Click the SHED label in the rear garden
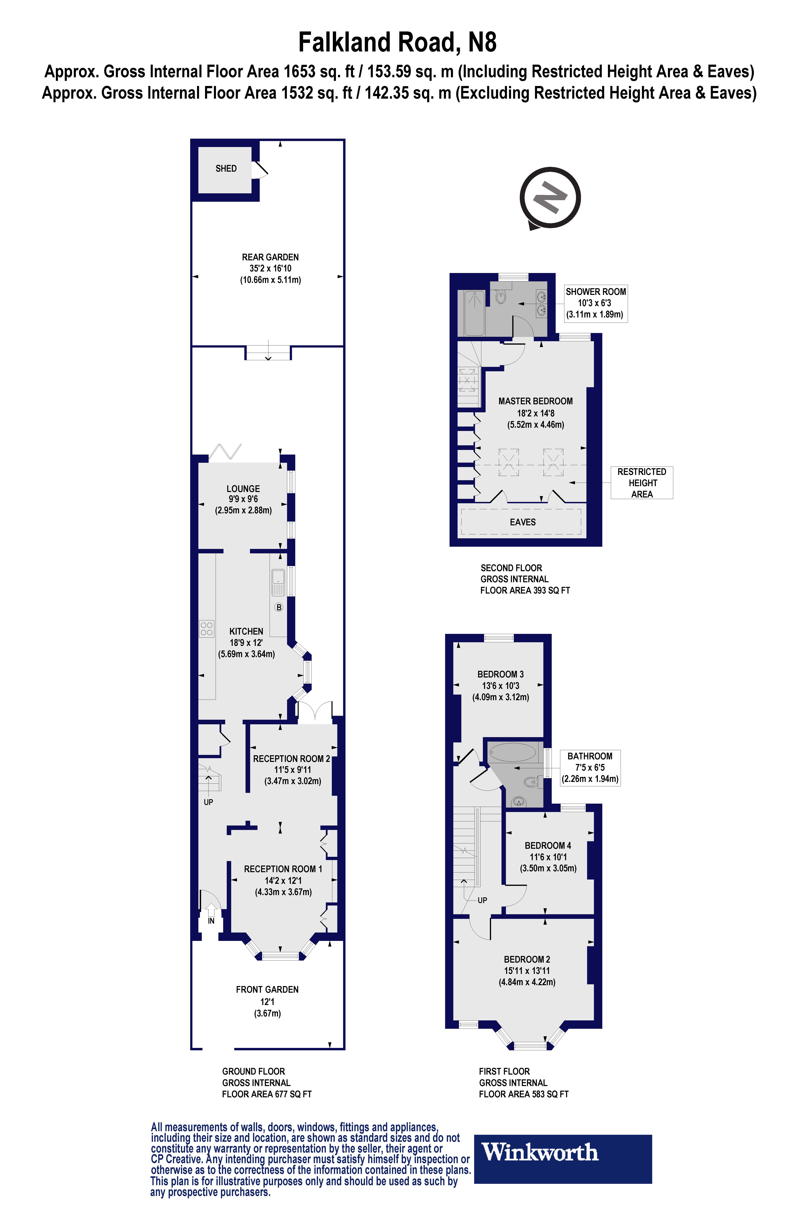(x=226, y=168)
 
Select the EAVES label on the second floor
(x=522, y=522)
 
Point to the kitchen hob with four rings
(x=206, y=629)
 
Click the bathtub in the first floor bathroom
(x=512, y=752)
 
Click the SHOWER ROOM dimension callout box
(x=595, y=303)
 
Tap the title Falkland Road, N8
(x=397, y=42)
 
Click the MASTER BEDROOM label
(x=535, y=401)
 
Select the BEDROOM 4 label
(x=548, y=846)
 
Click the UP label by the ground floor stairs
(x=208, y=802)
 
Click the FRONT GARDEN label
(x=267, y=990)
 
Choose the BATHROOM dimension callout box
(x=590, y=767)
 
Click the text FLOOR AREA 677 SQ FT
(x=267, y=1094)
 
